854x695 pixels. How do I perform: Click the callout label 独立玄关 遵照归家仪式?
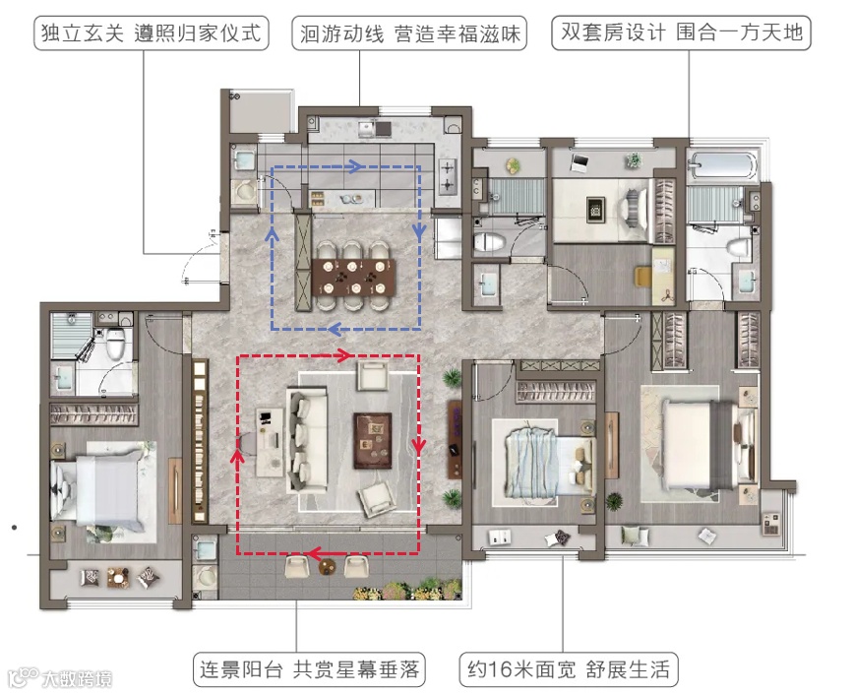click(x=152, y=33)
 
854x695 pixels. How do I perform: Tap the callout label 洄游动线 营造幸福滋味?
click(x=409, y=33)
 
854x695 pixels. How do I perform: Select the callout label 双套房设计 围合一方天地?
click(x=682, y=32)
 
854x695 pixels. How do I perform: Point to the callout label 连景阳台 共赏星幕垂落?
click(x=309, y=668)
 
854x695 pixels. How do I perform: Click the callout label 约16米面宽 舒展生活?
click(x=569, y=668)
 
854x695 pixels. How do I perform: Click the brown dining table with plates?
click(x=354, y=278)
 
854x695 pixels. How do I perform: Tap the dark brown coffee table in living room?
click(x=373, y=441)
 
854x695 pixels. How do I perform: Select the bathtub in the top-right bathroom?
click(x=723, y=164)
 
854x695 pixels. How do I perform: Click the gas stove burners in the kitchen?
click(x=447, y=176)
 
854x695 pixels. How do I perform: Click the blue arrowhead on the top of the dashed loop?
click(x=355, y=166)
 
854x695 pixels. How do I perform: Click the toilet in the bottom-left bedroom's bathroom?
click(x=115, y=343)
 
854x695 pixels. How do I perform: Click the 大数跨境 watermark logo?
click(x=61, y=678)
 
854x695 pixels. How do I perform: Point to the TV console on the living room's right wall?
click(x=455, y=440)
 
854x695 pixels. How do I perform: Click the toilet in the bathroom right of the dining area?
click(x=489, y=242)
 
